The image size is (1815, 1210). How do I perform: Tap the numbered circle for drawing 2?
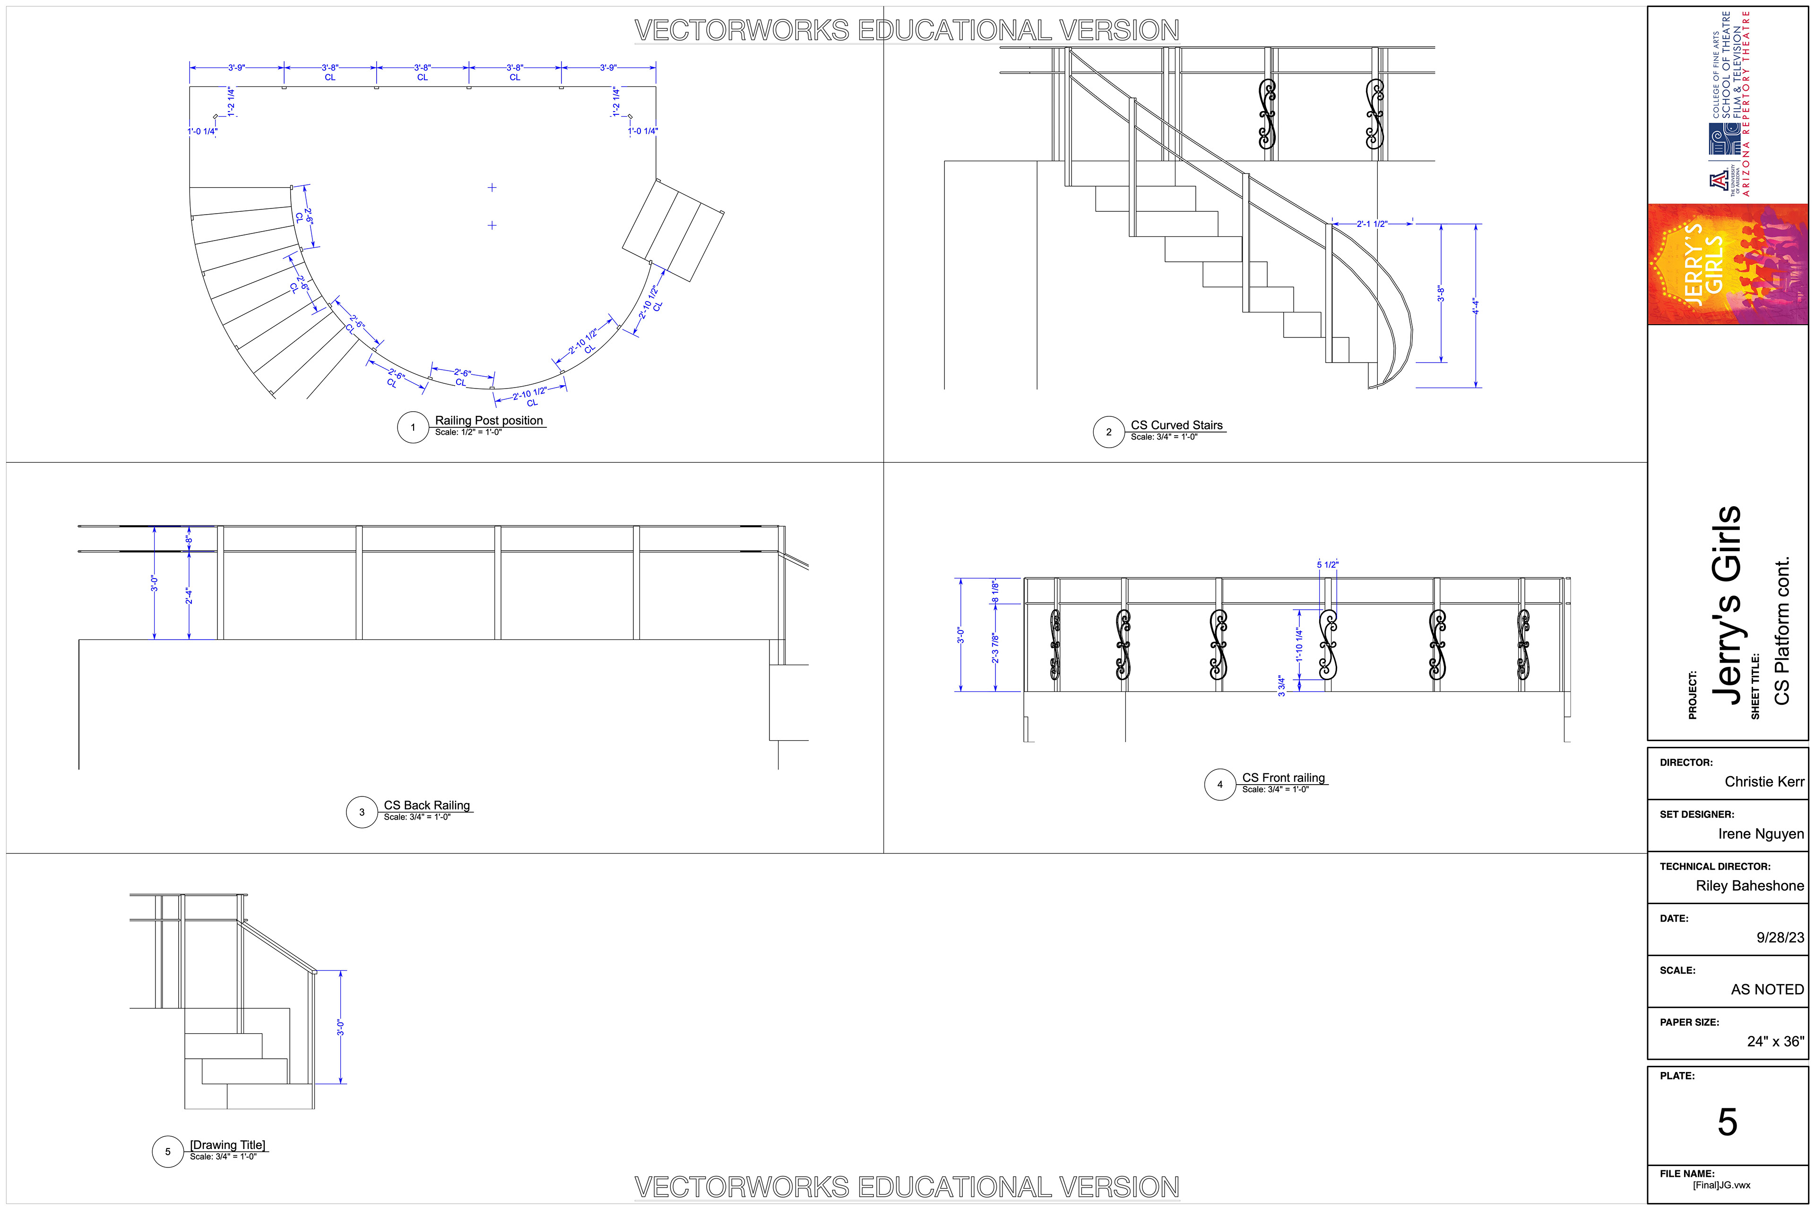coord(1108,432)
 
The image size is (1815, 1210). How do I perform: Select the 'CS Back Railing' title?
coord(427,805)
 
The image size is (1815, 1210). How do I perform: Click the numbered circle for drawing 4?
coord(1219,785)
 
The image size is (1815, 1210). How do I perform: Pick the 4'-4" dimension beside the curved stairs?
coord(1475,306)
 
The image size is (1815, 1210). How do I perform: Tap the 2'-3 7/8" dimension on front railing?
coord(995,648)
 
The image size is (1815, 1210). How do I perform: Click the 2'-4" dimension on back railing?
coord(188,596)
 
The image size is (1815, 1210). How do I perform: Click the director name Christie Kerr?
coord(1764,782)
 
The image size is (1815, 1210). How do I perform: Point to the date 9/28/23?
coord(1780,938)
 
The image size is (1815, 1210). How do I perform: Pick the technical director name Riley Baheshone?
coord(1749,886)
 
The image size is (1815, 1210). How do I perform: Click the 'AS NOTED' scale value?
coord(1767,989)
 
